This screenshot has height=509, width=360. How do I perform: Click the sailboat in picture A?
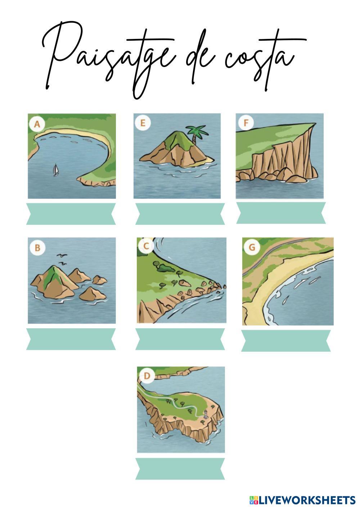pyautogui.click(x=56, y=170)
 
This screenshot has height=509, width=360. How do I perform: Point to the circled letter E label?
pyautogui.click(x=143, y=123)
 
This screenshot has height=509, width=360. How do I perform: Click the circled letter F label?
pyautogui.click(x=246, y=123)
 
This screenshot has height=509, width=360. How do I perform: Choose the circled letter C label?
pyautogui.click(x=147, y=246)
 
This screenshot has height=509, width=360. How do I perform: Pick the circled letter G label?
pyautogui.click(x=252, y=247)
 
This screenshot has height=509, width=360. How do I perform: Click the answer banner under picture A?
pyautogui.click(x=71, y=214)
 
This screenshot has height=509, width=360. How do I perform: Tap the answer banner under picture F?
pyautogui.click(x=281, y=213)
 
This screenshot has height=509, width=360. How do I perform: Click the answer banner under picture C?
pyautogui.click(x=180, y=339)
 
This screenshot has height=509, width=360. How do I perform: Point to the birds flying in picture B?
pyautogui.click(x=62, y=259)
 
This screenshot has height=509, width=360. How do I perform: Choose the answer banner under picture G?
pyautogui.click(x=286, y=341)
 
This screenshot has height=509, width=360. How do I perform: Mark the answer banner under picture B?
pyautogui.click(x=71, y=339)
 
